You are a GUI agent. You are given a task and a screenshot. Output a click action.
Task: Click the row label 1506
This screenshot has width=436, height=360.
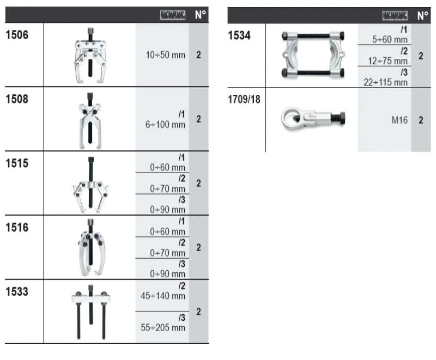17,35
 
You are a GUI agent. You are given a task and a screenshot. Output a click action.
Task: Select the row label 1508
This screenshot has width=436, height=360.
17,99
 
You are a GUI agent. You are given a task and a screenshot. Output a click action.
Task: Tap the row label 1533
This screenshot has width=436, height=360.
17,292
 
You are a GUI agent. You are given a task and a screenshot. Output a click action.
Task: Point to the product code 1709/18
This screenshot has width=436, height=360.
244,99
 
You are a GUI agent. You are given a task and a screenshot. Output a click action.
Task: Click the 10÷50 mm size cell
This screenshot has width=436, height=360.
166,55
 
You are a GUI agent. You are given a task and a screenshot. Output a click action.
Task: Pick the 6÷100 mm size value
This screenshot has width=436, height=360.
166,124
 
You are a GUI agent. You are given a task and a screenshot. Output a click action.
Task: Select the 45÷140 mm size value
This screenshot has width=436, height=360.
163,296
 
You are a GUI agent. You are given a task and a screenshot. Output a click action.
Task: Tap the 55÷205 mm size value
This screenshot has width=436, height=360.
163,328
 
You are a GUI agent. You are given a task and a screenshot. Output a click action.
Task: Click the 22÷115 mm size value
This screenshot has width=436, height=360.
386,82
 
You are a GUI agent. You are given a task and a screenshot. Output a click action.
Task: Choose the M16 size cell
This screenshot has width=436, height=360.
399,120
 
